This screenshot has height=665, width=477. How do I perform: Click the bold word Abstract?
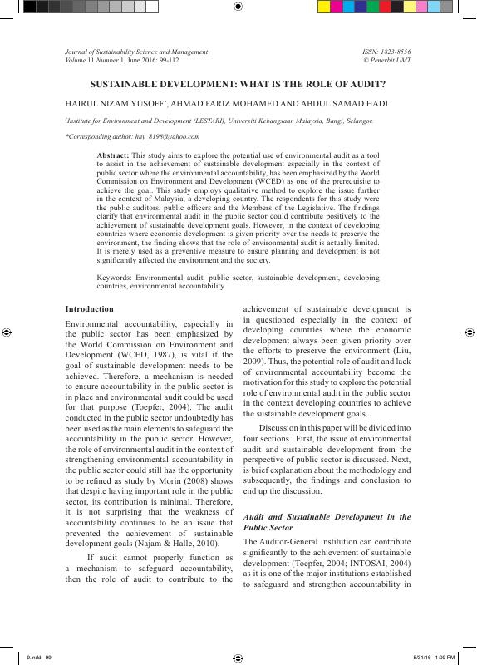[x=113, y=155]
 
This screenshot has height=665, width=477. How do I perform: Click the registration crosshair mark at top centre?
[x=238, y=7]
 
